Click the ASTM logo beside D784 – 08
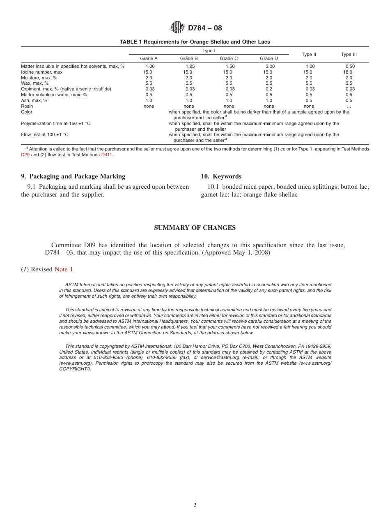coord(177,28)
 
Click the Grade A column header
coord(149,58)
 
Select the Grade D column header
coord(269,58)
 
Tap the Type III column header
coord(349,54)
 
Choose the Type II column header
coord(309,54)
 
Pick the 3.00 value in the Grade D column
coord(270,66)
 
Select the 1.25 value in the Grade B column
coord(190,66)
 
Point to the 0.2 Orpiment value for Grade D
coord(269,89)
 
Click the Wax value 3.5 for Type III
coord(349,83)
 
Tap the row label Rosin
coord(27,106)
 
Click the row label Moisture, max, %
coord(39,78)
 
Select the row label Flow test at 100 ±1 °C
coord(45,134)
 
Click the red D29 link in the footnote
coord(25,155)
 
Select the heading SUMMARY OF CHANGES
coord(195,228)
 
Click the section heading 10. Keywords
coord(221,176)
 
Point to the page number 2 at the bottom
coord(195,505)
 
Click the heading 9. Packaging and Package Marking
coord(73,176)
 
